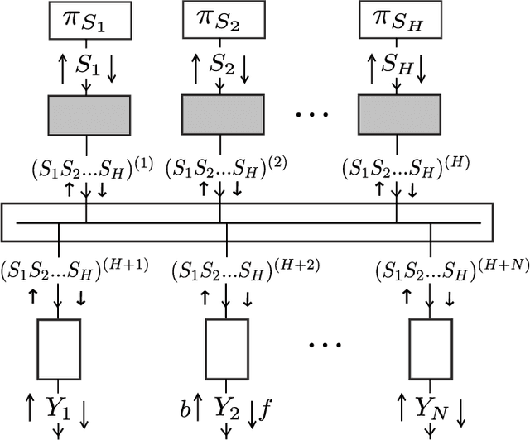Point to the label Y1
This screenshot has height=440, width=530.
coord(60,407)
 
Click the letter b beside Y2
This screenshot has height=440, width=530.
coord(186,408)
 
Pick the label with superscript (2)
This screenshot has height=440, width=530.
coord(225,167)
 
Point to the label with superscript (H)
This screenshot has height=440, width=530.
coord(403,167)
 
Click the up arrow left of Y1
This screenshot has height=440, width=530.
coord(30,408)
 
